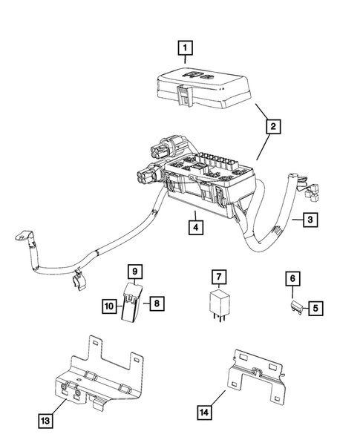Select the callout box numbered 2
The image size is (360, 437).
click(274, 128)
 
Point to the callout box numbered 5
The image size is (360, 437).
click(315, 306)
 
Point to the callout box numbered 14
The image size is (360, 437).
click(204, 411)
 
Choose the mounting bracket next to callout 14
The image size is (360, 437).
click(256, 378)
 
